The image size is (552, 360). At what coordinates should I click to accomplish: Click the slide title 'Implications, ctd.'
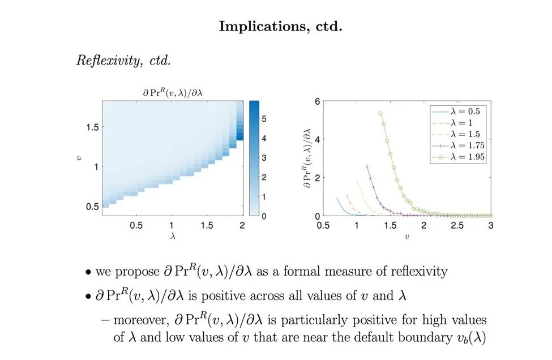(280, 27)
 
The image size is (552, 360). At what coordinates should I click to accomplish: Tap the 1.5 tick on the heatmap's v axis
(92, 127)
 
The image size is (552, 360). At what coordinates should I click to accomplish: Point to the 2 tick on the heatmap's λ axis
(242, 225)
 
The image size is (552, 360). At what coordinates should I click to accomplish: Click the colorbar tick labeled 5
(264, 119)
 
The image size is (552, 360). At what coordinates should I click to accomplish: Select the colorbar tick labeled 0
(264, 216)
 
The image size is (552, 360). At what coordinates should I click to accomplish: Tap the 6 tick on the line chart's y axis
(317, 102)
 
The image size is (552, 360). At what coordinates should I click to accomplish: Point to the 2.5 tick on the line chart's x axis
(457, 225)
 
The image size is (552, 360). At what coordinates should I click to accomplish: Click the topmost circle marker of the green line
(380, 113)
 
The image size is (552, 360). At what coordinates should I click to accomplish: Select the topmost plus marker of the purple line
(366, 166)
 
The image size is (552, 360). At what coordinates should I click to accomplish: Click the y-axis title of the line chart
(309, 158)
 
